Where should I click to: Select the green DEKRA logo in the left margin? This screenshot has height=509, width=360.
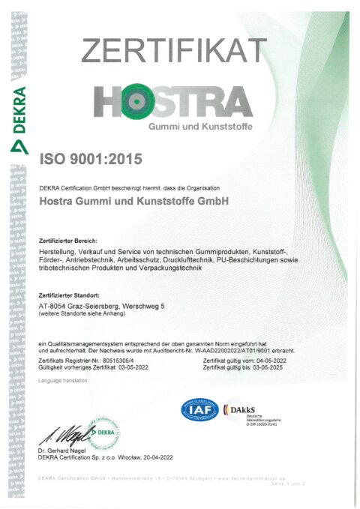17,112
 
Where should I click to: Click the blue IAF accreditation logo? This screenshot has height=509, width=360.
197,411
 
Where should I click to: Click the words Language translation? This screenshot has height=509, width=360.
62,381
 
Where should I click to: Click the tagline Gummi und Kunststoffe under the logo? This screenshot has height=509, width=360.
199,126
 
